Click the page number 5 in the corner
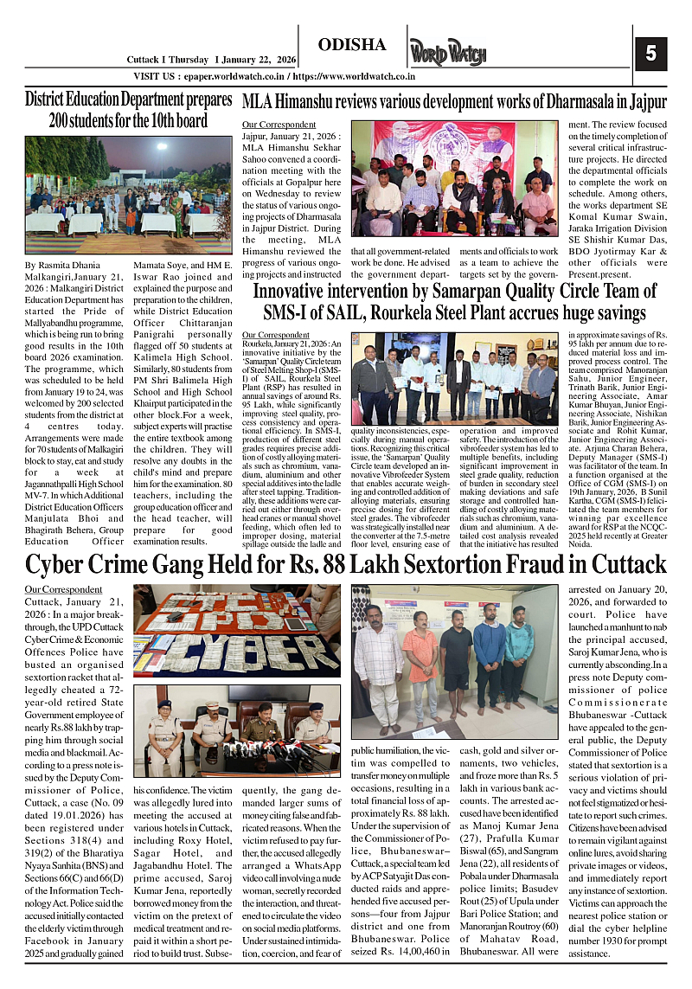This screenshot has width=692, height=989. (651, 53)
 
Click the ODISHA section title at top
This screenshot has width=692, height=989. (352, 45)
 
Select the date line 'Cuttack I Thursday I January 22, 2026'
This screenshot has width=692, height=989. (211, 60)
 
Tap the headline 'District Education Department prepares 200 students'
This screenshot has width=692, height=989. (128, 110)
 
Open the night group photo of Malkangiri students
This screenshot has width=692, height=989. (128, 189)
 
